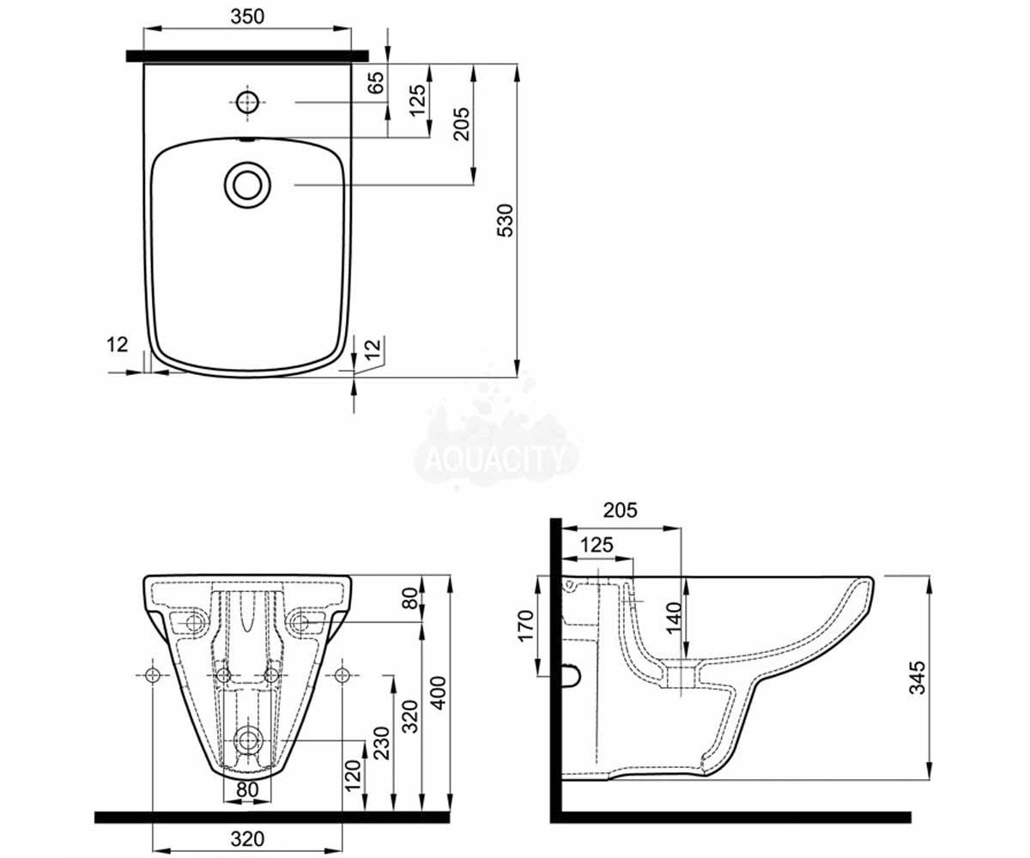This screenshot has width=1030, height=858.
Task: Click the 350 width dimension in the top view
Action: point(248,16)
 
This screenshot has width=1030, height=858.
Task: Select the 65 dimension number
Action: point(377,82)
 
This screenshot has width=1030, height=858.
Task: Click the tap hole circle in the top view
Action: point(248,103)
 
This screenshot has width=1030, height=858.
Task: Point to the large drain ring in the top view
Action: point(248,185)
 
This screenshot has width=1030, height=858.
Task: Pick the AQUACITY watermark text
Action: point(494,460)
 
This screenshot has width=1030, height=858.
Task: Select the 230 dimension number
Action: point(381,744)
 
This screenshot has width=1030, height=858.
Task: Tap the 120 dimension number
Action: point(353,775)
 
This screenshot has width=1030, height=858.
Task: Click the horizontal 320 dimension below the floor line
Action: point(248,838)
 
